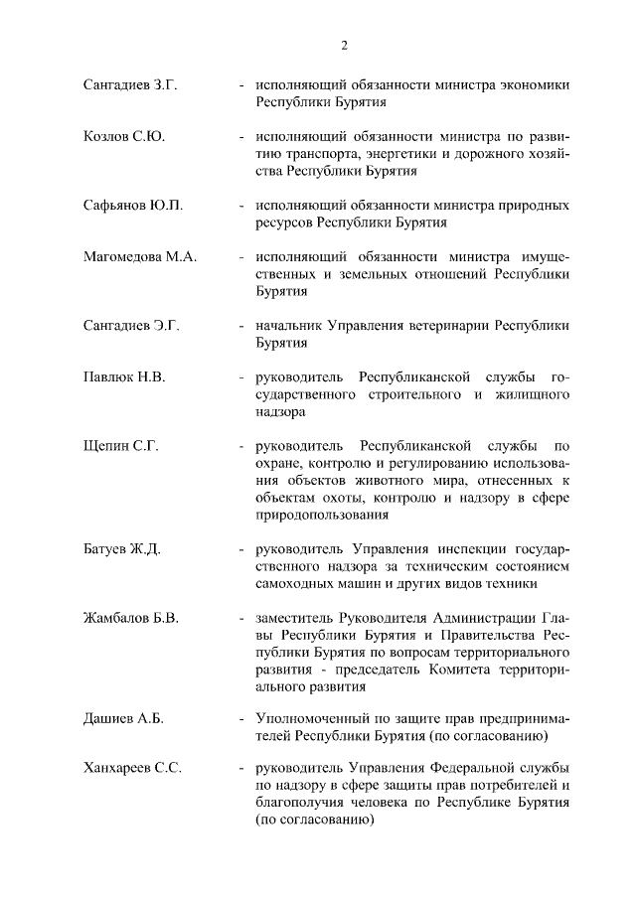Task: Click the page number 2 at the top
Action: tap(343, 45)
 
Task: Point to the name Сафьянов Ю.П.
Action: tap(133, 205)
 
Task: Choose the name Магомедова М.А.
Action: tap(140, 256)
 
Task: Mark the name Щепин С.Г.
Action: tap(121, 445)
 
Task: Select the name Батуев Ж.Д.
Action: tap(122, 548)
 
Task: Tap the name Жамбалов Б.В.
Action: tap(131, 618)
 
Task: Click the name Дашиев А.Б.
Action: tap(124, 718)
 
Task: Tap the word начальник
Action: tap(289, 325)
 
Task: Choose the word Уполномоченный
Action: tap(311, 718)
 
